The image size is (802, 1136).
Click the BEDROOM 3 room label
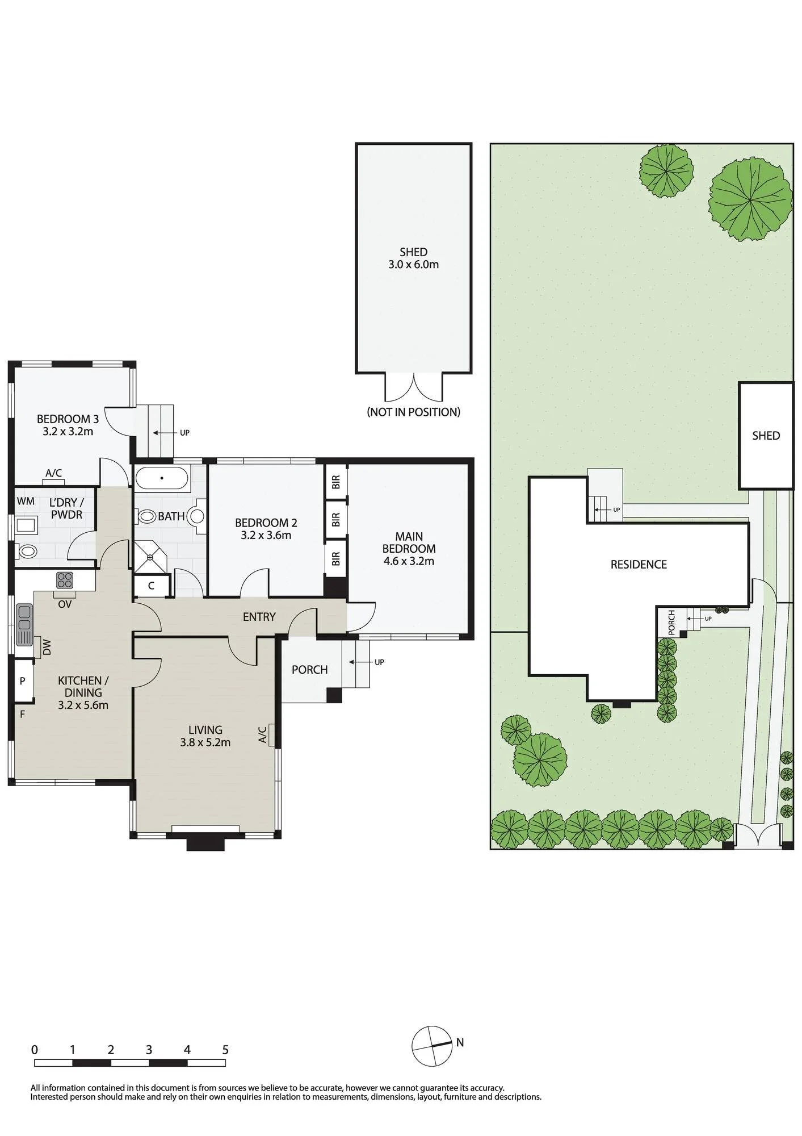coord(68,419)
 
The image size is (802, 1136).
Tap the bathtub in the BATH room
coord(162,478)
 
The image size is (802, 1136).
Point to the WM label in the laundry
coord(26,501)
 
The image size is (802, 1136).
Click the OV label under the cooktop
coord(65,604)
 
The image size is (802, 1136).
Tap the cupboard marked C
coord(152,586)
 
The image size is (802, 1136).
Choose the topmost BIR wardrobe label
coord(336,482)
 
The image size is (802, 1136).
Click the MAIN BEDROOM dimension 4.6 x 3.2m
coord(409,561)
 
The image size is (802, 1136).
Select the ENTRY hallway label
coord(259,617)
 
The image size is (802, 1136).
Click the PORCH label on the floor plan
coord(309,670)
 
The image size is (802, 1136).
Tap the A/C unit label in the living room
coord(263,734)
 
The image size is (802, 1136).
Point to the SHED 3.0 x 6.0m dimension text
coord(413,264)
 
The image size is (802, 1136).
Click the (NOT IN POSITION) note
coord(414,412)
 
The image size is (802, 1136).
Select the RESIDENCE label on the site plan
coord(639,565)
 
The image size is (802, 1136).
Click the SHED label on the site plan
coord(766,436)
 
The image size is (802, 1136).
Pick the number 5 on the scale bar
coord(225,1050)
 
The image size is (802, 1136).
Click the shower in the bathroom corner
coord(151,557)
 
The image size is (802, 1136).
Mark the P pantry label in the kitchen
coord(23,680)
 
